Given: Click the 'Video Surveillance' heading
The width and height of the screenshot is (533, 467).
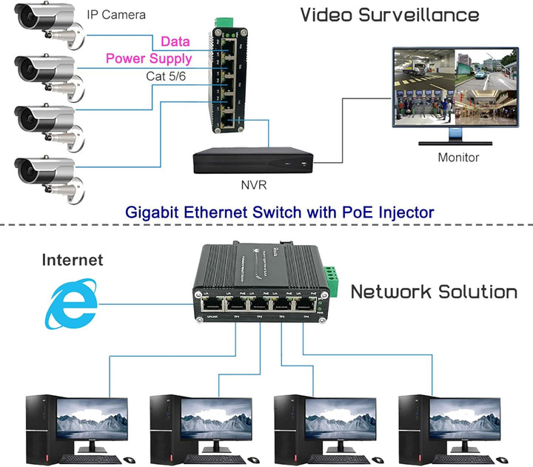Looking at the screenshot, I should [389, 15].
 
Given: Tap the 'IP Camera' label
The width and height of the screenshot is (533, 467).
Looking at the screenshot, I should [116, 15].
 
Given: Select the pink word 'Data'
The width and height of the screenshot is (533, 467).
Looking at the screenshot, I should [175, 43].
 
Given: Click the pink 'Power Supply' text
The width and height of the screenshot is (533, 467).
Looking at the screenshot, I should [149, 58].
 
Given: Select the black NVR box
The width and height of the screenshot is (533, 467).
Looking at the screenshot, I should [252, 159].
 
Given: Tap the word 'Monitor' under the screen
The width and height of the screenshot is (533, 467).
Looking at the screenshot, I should [458, 157].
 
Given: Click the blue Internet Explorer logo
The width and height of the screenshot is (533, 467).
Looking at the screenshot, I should [70, 303].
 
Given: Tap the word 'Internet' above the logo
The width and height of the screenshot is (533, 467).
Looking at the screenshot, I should [73, 260].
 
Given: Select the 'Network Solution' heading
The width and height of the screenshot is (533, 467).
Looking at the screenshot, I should [434, 292].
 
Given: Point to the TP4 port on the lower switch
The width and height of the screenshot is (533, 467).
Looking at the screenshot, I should [305, 303].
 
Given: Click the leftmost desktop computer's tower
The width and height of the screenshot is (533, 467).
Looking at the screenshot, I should [38, 425].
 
